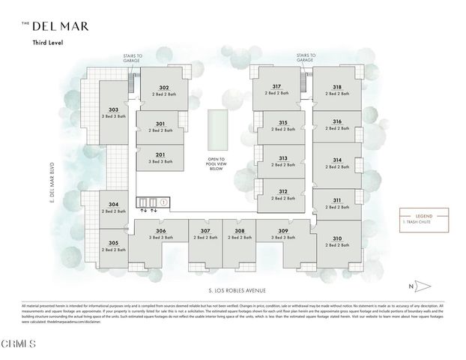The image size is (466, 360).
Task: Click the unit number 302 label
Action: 163,87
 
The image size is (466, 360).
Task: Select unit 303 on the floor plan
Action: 113,109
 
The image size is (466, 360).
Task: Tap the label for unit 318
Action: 338,86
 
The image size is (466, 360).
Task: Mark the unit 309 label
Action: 282,230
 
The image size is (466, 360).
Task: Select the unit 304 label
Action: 113,205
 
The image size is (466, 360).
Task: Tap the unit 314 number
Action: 337,160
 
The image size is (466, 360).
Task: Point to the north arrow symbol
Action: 420,286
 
